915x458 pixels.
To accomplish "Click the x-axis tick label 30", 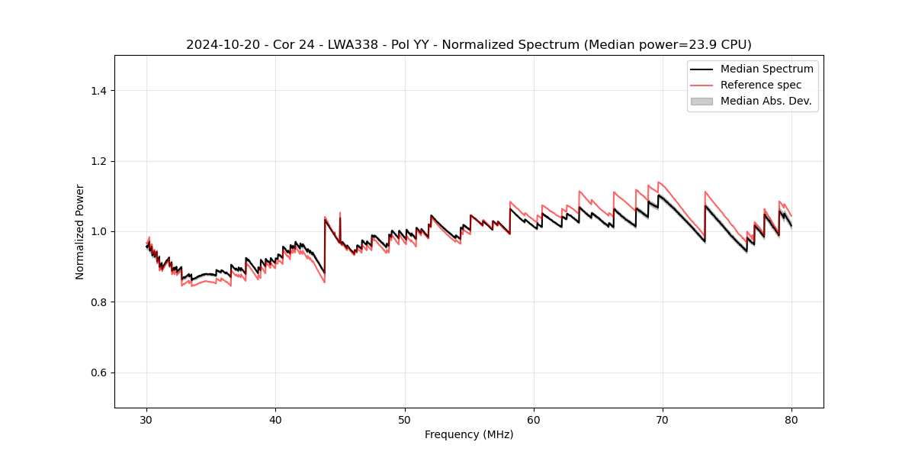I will [x=146, y=419].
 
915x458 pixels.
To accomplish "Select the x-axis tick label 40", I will [x=275, y=419].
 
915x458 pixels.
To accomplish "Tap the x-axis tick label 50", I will [x=405, y=419].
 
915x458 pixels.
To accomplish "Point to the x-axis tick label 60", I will [x=534, y=419].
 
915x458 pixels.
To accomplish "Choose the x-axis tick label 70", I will [x=663, y=419].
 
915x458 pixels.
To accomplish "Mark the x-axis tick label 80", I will [x=791, y=419].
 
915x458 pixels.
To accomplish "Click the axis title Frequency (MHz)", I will [x=469, y=434].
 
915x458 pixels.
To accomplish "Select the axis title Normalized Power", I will [x=80, y=231].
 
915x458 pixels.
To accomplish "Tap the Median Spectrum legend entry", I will [x=766, y=69].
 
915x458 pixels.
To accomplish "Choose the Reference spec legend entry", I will [x=760, y=85].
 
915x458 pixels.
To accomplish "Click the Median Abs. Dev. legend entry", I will [x=766, y=101].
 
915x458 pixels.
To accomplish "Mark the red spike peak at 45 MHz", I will [x=340, y=213].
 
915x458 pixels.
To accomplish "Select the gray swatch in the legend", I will [x=701, y=101].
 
